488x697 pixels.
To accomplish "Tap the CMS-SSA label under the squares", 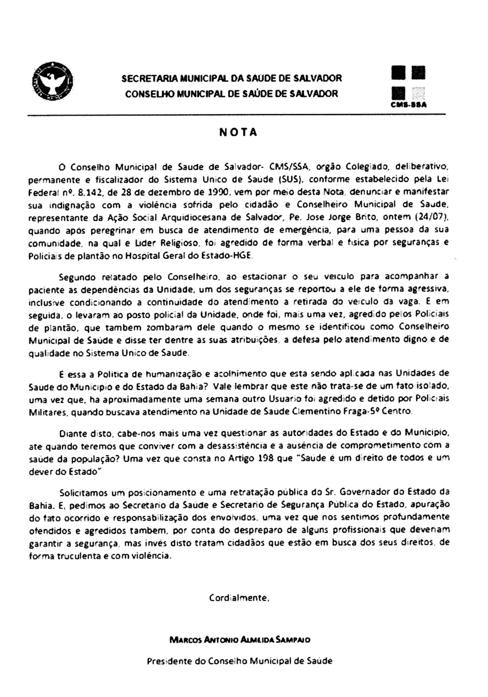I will pos(409,104).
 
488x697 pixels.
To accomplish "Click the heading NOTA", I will pos(238,133).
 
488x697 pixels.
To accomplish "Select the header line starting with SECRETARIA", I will pos(231,78).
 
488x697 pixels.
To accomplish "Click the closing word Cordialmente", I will pos(239,598).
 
